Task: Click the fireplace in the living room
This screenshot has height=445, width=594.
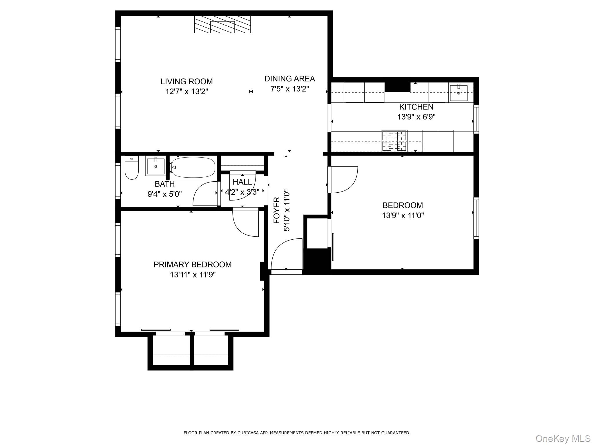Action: (222, 25)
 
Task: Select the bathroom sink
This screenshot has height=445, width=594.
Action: (155, 166)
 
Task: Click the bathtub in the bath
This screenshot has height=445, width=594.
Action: (193, 167)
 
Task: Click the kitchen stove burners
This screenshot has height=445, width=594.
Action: (394, 141)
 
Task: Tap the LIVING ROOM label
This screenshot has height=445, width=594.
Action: (186, 81)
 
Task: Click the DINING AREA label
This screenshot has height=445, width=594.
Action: (289, 79)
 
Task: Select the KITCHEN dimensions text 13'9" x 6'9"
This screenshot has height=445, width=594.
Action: (416, 117)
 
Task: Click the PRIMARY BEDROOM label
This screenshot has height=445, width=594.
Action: (193, 265)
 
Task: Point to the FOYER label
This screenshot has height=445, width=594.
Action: (277, 210)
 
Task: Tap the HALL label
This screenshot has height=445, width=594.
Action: (242, 182)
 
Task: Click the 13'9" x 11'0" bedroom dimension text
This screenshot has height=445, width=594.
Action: (403, 215)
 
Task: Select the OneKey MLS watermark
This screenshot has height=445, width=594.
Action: (563, 438)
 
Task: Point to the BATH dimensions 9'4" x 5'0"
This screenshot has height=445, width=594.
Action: (164, 194)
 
